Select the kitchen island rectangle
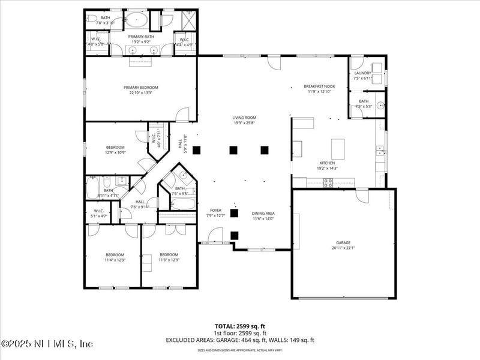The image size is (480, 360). pyautogui.click(x=338, y=148)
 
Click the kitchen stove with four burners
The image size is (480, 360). pyautogui.click(x=328, y=182)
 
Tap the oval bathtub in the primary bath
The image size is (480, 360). pyautogui.click(x=137, y=21)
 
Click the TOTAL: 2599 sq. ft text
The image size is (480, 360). pyautogui.click(x=240, y=326)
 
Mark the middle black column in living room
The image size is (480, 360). pyautogui.click(x=233, y=150)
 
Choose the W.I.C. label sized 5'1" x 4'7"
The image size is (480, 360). pyautogui.click(x=99, y=212)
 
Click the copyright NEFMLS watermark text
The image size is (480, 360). pyautogui.click(x=48, y=344)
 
